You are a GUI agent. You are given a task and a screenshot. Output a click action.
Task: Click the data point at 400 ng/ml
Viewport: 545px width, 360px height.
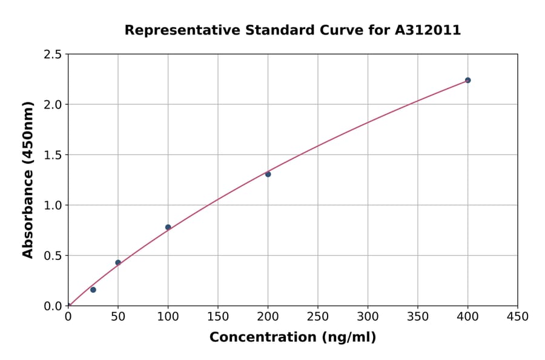pos(467,80)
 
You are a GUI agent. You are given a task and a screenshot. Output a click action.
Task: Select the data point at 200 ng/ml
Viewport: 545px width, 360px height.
pos(268,174)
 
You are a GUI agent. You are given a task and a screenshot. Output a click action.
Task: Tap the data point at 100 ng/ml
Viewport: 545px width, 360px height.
pos(168,227)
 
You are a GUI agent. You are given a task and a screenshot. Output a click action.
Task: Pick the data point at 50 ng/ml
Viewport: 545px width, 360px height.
pos(118,262)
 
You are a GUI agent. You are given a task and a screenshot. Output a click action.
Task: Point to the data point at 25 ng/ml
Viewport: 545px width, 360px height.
pos(93,290)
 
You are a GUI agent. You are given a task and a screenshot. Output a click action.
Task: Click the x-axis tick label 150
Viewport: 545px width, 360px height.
pos(218,316)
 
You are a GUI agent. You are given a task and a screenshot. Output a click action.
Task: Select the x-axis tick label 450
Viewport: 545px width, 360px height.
pos(518,316)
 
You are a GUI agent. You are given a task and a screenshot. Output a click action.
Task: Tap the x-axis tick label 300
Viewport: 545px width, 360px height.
pos(368,316)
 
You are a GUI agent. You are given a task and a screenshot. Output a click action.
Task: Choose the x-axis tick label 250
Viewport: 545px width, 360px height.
pos(318,316)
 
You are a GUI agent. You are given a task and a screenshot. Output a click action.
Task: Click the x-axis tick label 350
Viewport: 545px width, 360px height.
pos(418,316)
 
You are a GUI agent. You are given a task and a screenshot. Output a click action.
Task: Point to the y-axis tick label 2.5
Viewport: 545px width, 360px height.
pos(53,55)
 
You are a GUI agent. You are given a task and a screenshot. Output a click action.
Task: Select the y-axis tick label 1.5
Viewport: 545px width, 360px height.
pos(53,155)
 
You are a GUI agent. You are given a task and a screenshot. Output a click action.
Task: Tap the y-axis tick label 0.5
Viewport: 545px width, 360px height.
pos(53,256)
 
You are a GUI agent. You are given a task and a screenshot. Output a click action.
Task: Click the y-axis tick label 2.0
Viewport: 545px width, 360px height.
pos(53,105)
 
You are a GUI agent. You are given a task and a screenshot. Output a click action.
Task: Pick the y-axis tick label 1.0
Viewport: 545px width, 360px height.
pos(53,205)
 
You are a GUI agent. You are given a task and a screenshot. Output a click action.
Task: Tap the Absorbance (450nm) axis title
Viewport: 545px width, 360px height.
pos(28,179)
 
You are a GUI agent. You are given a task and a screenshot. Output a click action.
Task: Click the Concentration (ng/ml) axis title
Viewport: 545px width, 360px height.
pos(292,338)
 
